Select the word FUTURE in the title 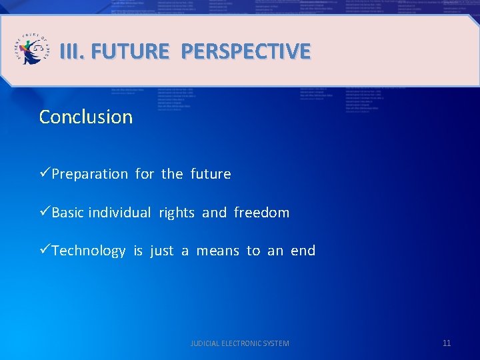coord(129,51)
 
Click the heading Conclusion coord(86,117)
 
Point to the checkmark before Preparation coord(45,173)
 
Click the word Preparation coord(90,174)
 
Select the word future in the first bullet coord(211,174)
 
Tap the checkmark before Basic coord(45,212)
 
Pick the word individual coord(120,213)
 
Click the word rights coord(177,213)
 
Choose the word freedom coord(262,213)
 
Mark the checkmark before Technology coord(45,250)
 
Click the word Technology coord(89,251)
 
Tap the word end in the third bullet coord(303,251)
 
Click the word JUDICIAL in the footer coord(204,343)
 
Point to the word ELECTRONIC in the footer coord(242,343)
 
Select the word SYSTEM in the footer coord(277,343)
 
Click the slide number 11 coord(447,343)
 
